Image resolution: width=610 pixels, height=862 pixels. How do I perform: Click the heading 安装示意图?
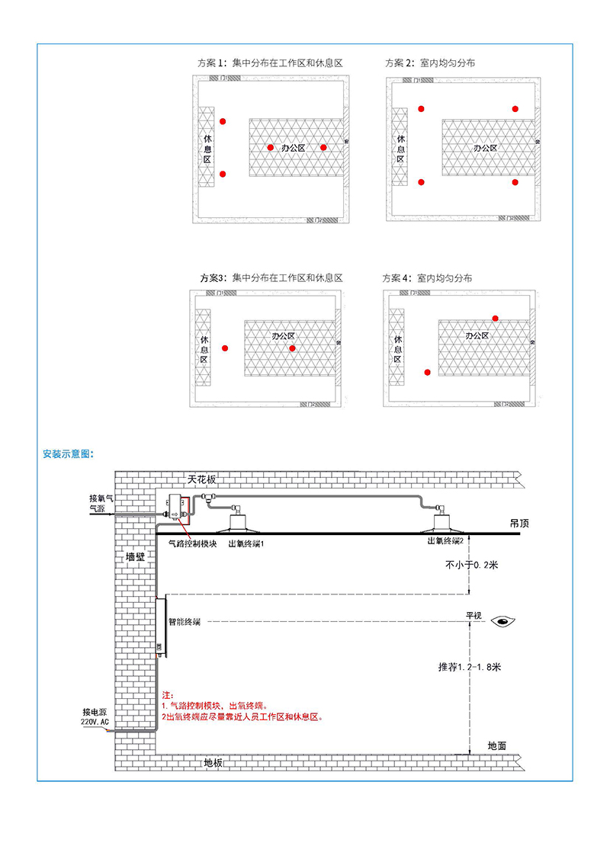[69, 453]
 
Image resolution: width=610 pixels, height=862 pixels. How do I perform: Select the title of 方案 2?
[430, 63]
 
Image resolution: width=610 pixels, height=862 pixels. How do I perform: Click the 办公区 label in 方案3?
[283, 335]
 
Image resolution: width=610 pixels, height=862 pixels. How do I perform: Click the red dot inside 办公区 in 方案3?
[292, 348]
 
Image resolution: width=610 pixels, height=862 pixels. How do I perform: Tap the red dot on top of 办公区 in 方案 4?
[495, 318]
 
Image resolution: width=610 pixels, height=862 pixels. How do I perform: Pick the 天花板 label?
[202, 479]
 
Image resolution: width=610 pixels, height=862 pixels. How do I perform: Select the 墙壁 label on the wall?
[135, 557]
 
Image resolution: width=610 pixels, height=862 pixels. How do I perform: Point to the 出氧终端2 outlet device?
[441, 522]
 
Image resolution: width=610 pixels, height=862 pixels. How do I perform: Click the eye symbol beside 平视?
[504, 621]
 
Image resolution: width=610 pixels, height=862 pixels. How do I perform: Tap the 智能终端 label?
[184, 622]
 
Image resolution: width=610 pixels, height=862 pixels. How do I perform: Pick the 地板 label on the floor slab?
[213, 762]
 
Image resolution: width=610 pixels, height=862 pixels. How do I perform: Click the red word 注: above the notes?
[168, 696]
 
